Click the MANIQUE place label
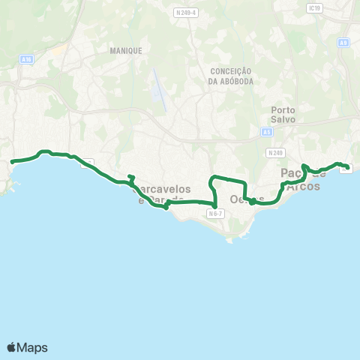click(125, 50)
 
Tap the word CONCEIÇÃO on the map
click(232, 71)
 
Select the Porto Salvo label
click(283, 114)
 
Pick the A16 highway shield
click(27, 58)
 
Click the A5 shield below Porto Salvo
click(267, 132)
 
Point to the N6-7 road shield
click(215, 214)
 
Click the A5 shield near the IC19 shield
click(343, 43)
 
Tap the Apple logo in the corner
click(12, 347)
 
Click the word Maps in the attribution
click(33, 347)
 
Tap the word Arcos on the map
click(304, 186)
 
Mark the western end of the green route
click(11, 161)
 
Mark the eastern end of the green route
click(349, 167)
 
